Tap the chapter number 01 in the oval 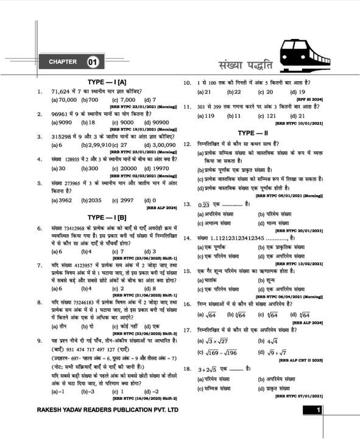point(93,62)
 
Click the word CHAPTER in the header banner point(63,62)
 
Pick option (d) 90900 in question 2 point(157,122)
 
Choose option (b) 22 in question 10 point(233,91)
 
